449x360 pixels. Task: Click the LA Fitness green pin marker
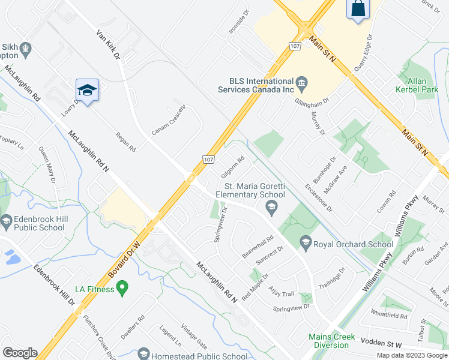click(x=122, y=289)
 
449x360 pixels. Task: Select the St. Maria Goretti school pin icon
click(x=271, y=208)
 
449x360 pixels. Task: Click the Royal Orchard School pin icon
click(x=306, y=243)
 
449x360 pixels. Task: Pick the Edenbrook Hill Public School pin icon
click(x=7, y=222)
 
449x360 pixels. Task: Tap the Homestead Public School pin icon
click(x=143, y=355)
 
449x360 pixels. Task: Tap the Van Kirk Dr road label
click(x=109, y=45)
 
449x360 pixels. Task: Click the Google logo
click(x=20, y=353)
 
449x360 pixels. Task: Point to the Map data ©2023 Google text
click(x=412, y=355)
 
